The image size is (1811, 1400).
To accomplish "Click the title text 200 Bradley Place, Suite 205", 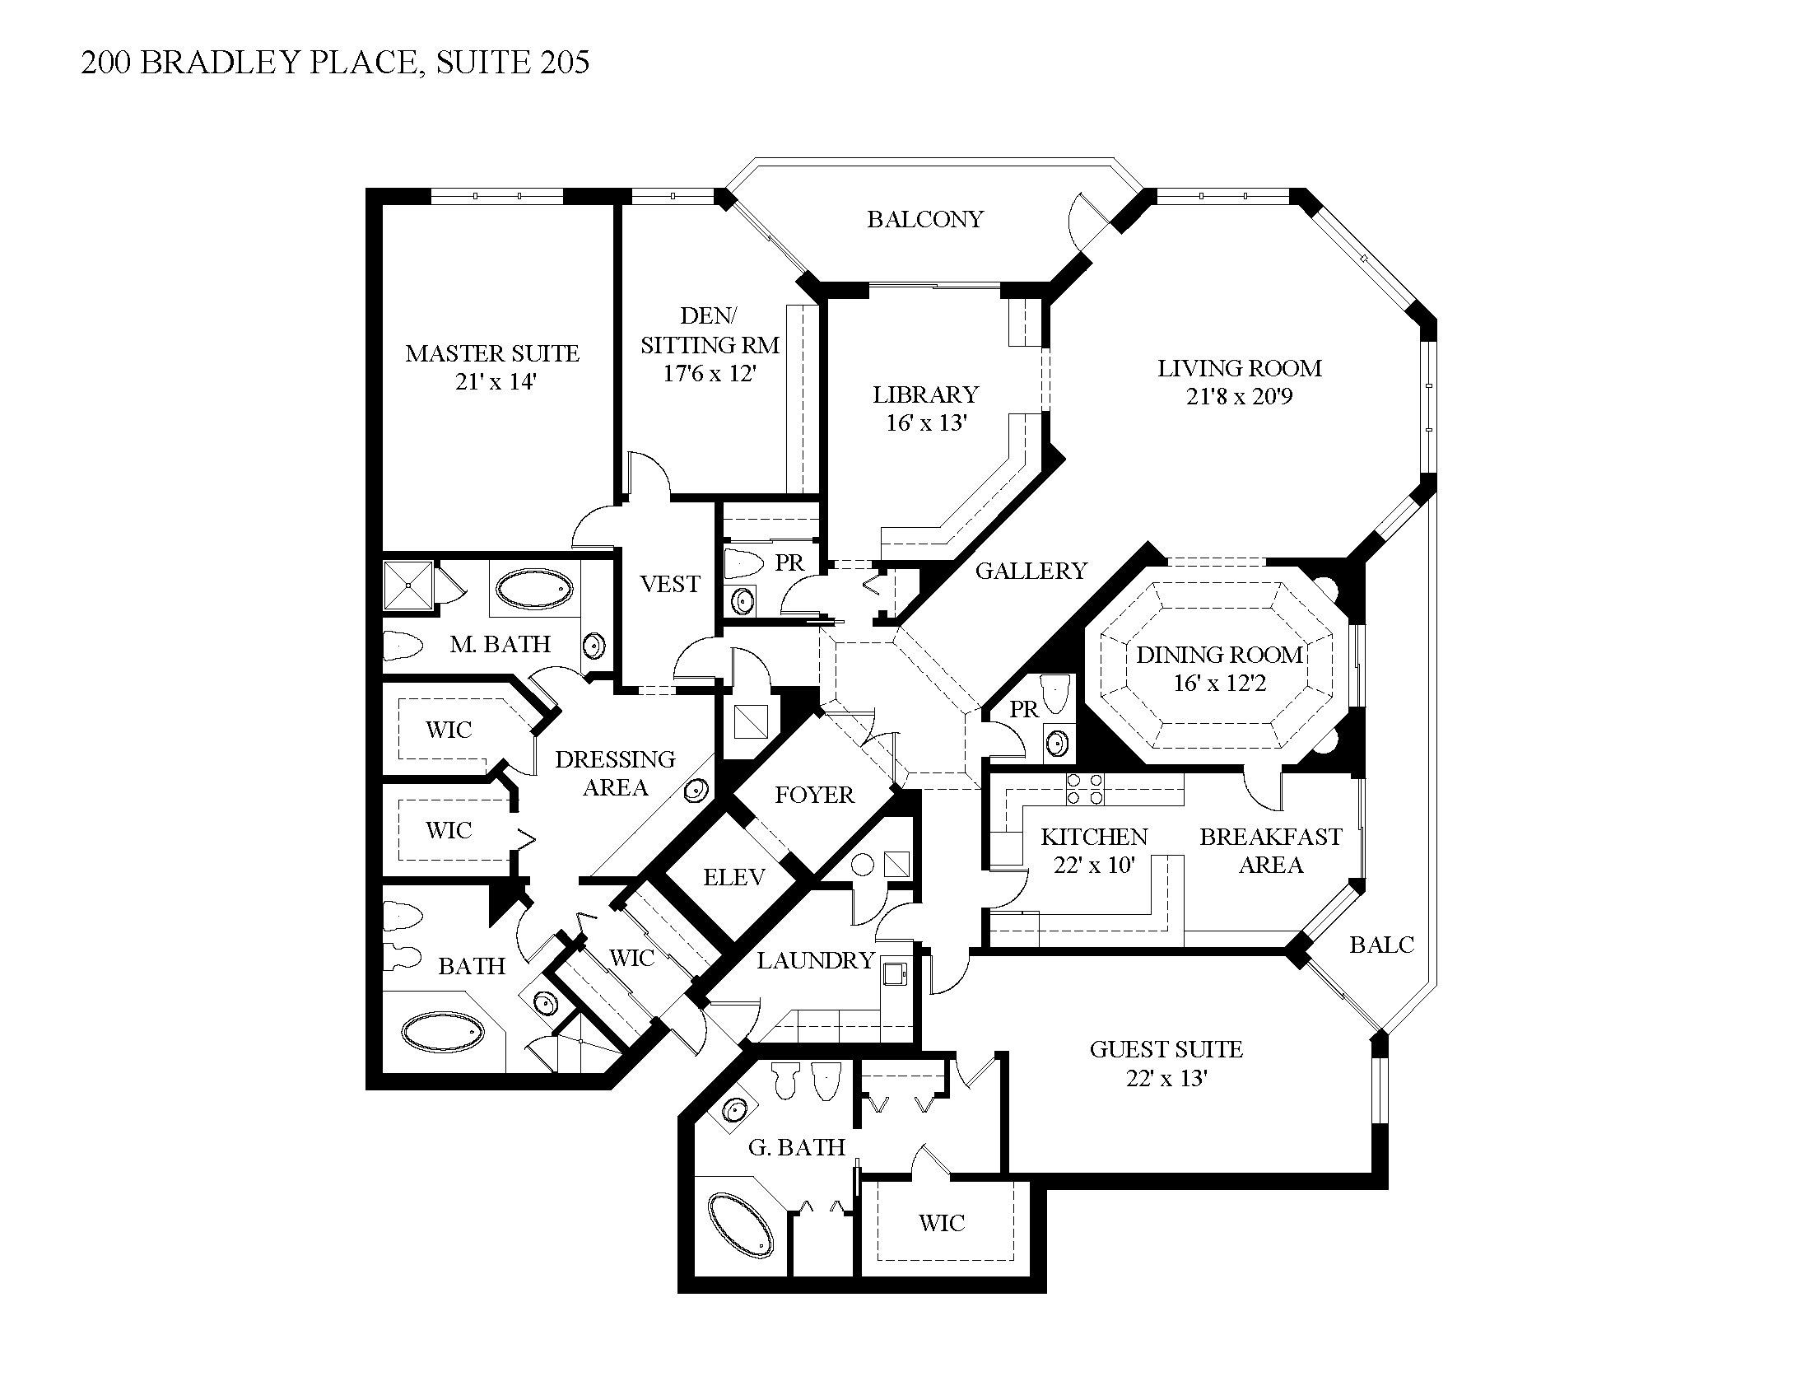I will (x=335, y=63).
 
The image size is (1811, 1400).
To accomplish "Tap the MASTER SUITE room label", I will (x=491, y=353).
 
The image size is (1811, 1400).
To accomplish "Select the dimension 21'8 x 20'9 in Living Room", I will (x=1239, y=396).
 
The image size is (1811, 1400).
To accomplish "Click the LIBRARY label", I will (x=925, y=394).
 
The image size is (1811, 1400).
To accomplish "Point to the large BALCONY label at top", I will (x=925, y=219).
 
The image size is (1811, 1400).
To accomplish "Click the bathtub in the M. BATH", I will (x=533, y=589).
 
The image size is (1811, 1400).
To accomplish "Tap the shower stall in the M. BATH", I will (x=408, y=586).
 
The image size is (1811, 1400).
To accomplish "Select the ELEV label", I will (x=733, y=877).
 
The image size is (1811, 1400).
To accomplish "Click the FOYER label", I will (x=813, y=795).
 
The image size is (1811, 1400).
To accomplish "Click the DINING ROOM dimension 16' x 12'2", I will (x=1219, y=684).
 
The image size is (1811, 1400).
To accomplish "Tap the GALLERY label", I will (x=1031, y=571).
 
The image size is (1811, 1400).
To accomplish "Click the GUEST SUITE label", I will (x=1166, y=1049).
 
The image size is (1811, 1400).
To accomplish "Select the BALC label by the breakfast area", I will (x=1381, y=944).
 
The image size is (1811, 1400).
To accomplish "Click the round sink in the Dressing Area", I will (x=696, y=791).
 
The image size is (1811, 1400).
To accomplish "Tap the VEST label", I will (x=670, y=584).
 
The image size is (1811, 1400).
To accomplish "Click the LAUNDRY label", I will (x=815, y=960).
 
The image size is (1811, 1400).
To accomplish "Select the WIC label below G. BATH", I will (x=941, y=1222).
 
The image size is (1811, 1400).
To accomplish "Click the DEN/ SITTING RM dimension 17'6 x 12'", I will (x=709, y=373).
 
